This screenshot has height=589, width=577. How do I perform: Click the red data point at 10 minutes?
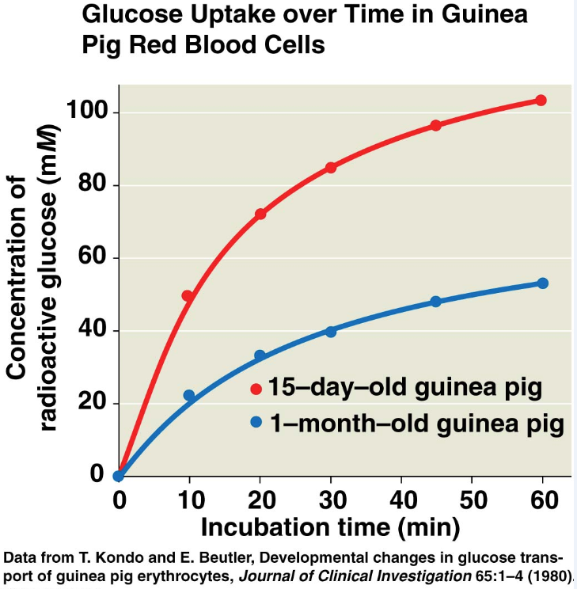(188, 296)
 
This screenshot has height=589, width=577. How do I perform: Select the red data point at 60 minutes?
(541, 101)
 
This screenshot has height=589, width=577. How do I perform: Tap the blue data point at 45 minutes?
(435, 302)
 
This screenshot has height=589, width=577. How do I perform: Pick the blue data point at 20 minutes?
(260, 355)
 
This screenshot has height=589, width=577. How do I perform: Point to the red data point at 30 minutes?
(331, 168)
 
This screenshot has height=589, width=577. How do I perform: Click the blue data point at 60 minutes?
(542, 283)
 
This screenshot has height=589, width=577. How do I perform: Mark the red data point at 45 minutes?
(435, 125)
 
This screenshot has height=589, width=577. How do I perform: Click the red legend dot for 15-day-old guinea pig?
(256, 389)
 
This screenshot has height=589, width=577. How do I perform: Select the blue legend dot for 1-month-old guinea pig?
(256, 423)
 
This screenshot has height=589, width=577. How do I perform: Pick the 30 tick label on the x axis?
(331, 500)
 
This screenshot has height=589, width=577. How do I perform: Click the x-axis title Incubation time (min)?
(329, 526)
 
